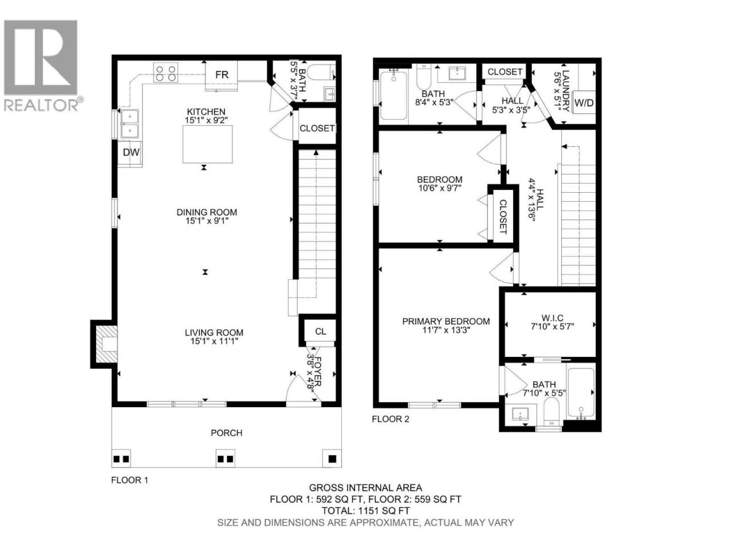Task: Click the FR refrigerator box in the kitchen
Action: pyautogui.click(x=222, y=75)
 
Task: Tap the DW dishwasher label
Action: pyautogui.click(x=131, y=152)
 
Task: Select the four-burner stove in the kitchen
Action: pyautogui.click(x=165, y=73)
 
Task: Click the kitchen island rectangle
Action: pyautogui.click(x=207, y=144)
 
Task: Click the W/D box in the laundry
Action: pyautogui.click(x=584, y=102)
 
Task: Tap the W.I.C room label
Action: pyautogui.click(x=553, y=317)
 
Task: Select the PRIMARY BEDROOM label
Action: pyautogui.click(x=446, y=321)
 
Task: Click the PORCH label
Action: pyautogui.click(x=226, y=433)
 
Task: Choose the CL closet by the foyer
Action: pyautogui.click(x=320, y=331)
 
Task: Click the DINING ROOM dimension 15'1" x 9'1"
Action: pyautogui.click(x=207, y=221)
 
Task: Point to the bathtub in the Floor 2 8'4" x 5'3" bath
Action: pyautogui.click(x=394, y=96)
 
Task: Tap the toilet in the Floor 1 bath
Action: pyautogui.click(x=321, y=72)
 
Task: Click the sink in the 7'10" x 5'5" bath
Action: pyautogui.click(x=521, y=414)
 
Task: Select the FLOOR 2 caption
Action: pyautogui.click(x=391, y=419)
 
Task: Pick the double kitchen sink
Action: pyautogui.click(x=130, y=124)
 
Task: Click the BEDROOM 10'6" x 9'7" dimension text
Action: pyautogui.click(x=440, y=188)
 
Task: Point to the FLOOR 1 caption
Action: pyautogui.click(x=129, y=480)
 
